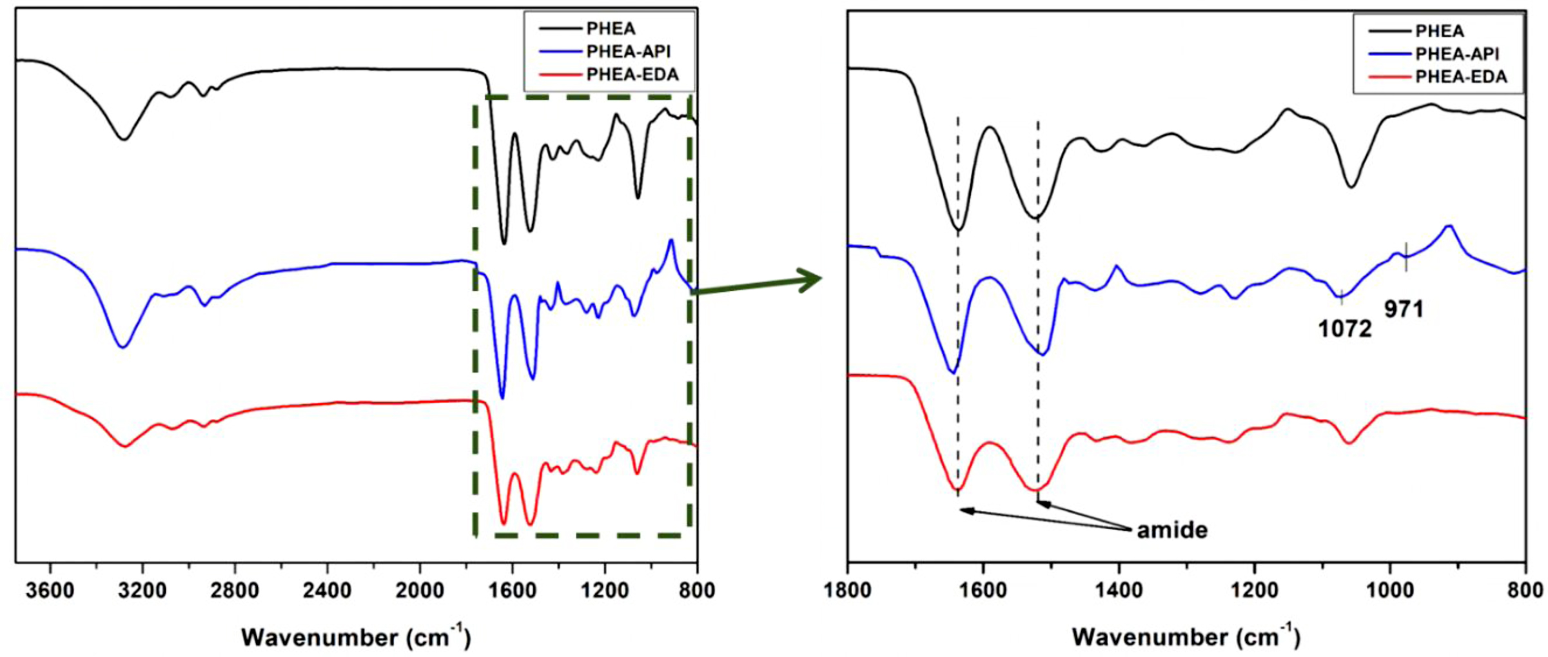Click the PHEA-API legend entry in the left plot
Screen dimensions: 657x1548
[628, 52]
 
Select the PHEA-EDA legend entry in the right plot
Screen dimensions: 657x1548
[1460, 77]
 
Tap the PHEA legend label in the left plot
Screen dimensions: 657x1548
[611, 28]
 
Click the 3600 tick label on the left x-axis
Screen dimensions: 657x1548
[50, 590]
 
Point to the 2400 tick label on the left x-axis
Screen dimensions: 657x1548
[328, 590]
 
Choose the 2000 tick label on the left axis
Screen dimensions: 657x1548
[420, 590]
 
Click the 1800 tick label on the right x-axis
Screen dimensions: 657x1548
[848, 590]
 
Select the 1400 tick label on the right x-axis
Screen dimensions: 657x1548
[1119, 590]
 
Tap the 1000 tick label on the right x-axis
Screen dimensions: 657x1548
[1390, 590]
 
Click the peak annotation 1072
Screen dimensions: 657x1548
[1344, 329]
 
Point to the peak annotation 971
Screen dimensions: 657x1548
[1404, 310]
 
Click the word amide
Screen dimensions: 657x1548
[1171, 530]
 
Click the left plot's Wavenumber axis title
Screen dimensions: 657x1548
[356, 637]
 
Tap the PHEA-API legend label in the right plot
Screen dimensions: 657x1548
[1456, 54]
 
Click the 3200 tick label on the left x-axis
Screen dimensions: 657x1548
[142, 590]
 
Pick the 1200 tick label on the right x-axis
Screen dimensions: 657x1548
[1255, 590]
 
